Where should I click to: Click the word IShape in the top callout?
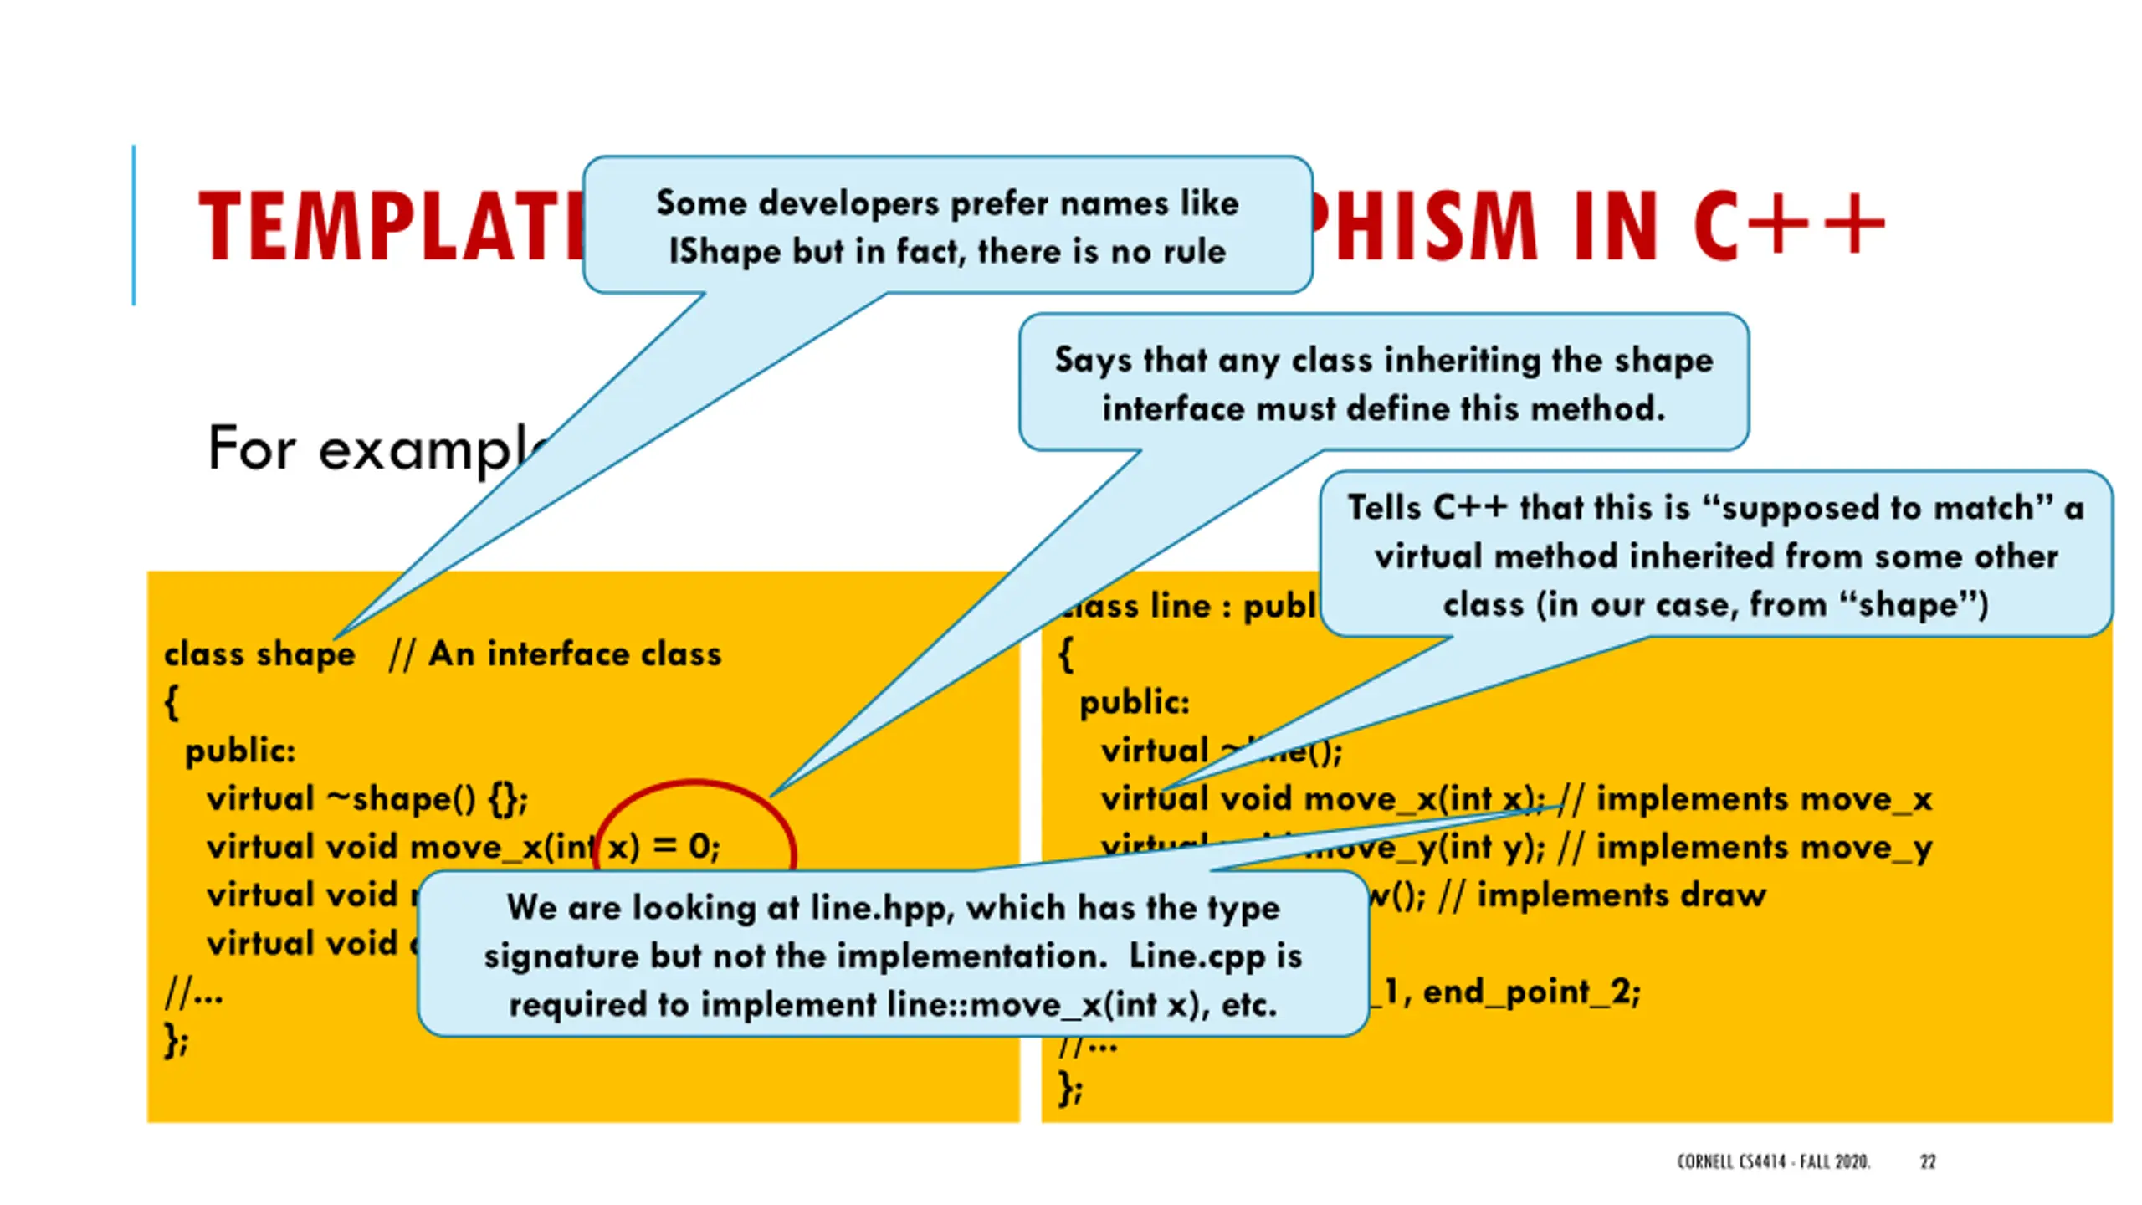pos(725,252)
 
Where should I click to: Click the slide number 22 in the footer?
pos(1928,1161)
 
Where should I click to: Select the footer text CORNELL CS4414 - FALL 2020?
pos(1773,1161)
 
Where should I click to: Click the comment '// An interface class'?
pos(555,654)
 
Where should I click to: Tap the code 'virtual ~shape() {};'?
pos(367,799)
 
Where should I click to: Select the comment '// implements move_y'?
pos(1745,848)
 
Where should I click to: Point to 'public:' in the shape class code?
pos(240,751)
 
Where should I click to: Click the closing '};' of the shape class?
pos(177,1042)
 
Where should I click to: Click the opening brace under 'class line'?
pos(1065,654)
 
